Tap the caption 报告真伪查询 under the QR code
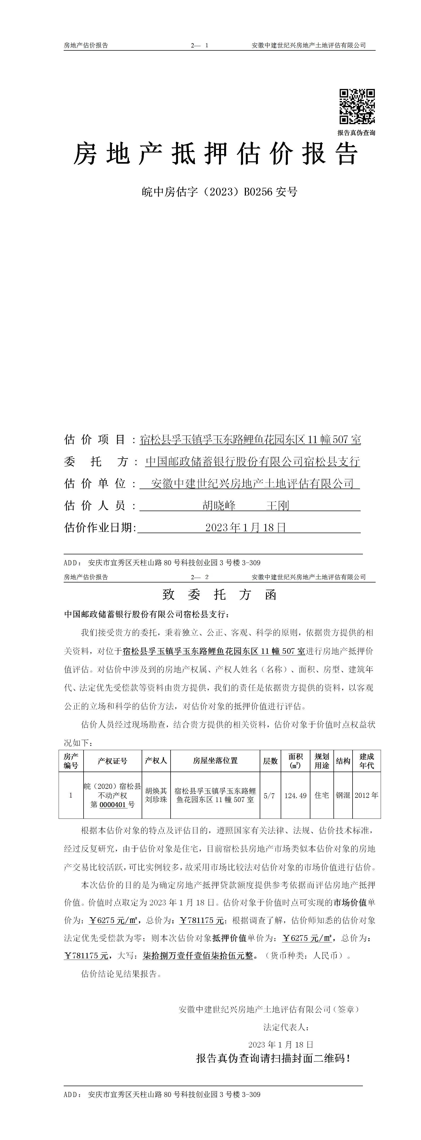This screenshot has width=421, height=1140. (x=356, y=133)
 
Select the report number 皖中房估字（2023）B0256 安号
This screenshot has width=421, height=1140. (x=220, y=192)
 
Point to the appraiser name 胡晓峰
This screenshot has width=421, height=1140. (x=219, y=505)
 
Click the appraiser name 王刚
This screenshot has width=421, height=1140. (x=277, y=505)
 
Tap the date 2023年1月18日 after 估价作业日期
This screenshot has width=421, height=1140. (x=246, y=528)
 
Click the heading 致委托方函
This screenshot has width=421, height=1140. (x=220, y=594)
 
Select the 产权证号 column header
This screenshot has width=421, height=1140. (x=112, y=761)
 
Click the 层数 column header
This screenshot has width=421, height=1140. (x=270, y=761)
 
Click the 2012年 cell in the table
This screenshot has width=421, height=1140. (x=367, y=795)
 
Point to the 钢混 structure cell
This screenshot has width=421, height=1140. (x=343, y=795)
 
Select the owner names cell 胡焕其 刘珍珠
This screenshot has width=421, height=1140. (x=156, y=795)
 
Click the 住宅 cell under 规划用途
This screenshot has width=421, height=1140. (x=322, y=795)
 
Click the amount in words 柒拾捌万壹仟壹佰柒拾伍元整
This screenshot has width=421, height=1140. (x=198, y=955)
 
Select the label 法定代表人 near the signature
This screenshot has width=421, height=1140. (x=285, y=1027)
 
